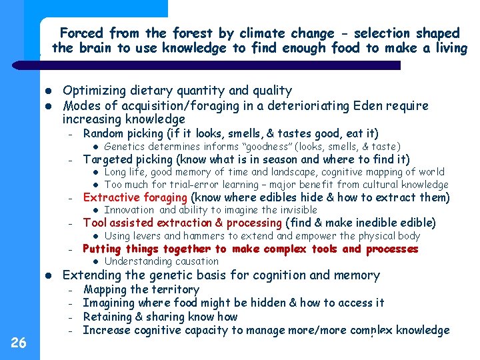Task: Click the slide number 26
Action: click(x=19, y=343)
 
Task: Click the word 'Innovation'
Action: click(x=131, y=210)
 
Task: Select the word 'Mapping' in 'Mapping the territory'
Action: click(x=104, y=289)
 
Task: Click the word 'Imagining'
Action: click(x=110, y=303)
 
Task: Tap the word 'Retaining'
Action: click(x=109, y=317)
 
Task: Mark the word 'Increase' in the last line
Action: click(x=106, y=330)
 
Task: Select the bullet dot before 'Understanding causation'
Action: click(x=95, y=261)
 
